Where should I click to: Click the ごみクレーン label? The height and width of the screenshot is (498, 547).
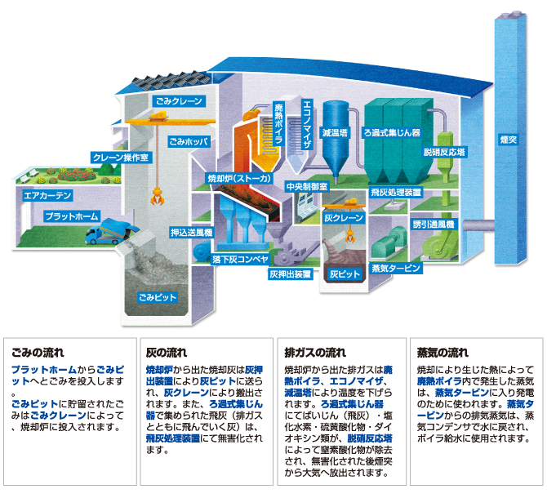coord(179,101)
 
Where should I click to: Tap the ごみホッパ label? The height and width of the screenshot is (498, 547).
coord(189,141)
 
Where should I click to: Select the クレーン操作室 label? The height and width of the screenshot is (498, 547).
coord(121,158)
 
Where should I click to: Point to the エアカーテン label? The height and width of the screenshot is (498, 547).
coord(47,195)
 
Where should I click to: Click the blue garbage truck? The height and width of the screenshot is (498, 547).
coord(111,231)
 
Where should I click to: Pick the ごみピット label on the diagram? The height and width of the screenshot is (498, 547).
coord(158,297)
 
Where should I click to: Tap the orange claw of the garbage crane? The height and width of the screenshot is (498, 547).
coord(157,196)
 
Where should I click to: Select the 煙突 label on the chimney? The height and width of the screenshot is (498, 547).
coord(509,140)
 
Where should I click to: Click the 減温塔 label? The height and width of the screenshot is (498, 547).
coord(335,132)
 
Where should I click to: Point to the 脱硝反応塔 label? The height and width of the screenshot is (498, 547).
coord(444,152)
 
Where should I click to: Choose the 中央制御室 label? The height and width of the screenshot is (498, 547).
coord(307,187)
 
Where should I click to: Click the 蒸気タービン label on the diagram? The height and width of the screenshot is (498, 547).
coord(396,268)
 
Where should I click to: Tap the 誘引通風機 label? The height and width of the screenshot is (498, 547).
coord(434,225)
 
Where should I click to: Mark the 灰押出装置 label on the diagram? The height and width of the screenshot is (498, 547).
coord(291,274)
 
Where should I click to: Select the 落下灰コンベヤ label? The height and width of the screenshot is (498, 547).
coord(240,259)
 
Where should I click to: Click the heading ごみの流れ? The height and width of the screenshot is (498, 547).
coord(38,353)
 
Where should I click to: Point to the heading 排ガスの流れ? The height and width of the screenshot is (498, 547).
coord(315,353)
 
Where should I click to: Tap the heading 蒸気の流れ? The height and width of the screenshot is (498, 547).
coord(442,353)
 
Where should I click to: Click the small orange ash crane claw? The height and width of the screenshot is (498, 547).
coord(349,237)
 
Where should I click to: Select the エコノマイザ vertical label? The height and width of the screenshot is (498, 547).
coord(307,124)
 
